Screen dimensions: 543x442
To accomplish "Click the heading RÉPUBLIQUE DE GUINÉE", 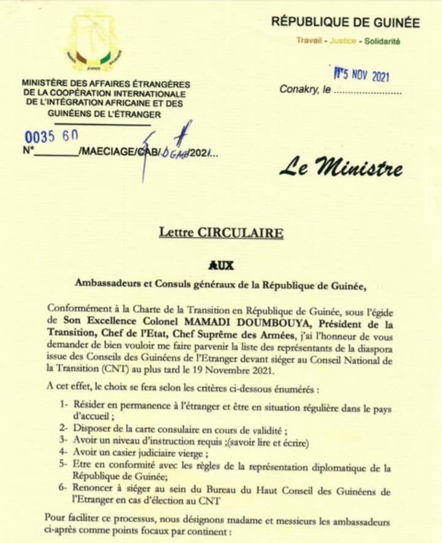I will pos(346,23).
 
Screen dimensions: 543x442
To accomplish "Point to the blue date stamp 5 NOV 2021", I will pos(362,76).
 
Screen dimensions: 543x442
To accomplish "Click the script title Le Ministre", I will pos(341,168).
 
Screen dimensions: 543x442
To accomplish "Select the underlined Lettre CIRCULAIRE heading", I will pos(221,233).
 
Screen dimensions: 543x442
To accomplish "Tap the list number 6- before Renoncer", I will pos(64,491).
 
